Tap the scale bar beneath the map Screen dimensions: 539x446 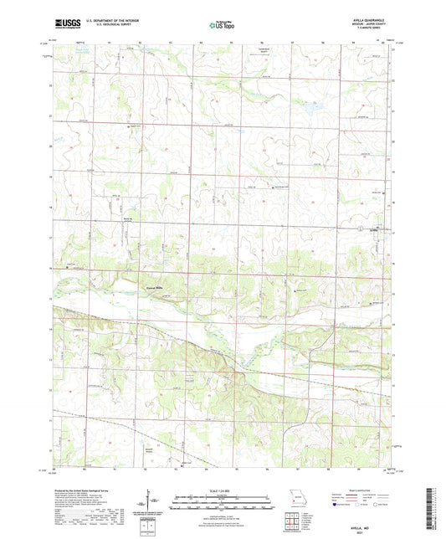pos(223,500)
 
